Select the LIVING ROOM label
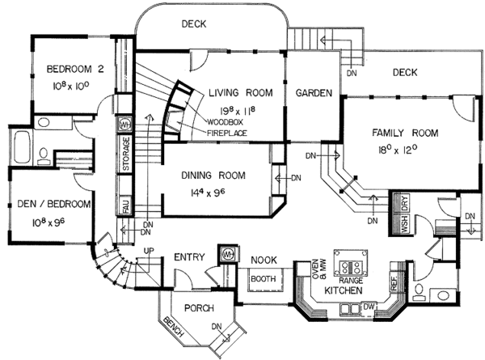242,91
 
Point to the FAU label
126,207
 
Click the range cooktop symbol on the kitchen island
353,265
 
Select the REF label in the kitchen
394,284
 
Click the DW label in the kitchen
368,306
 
